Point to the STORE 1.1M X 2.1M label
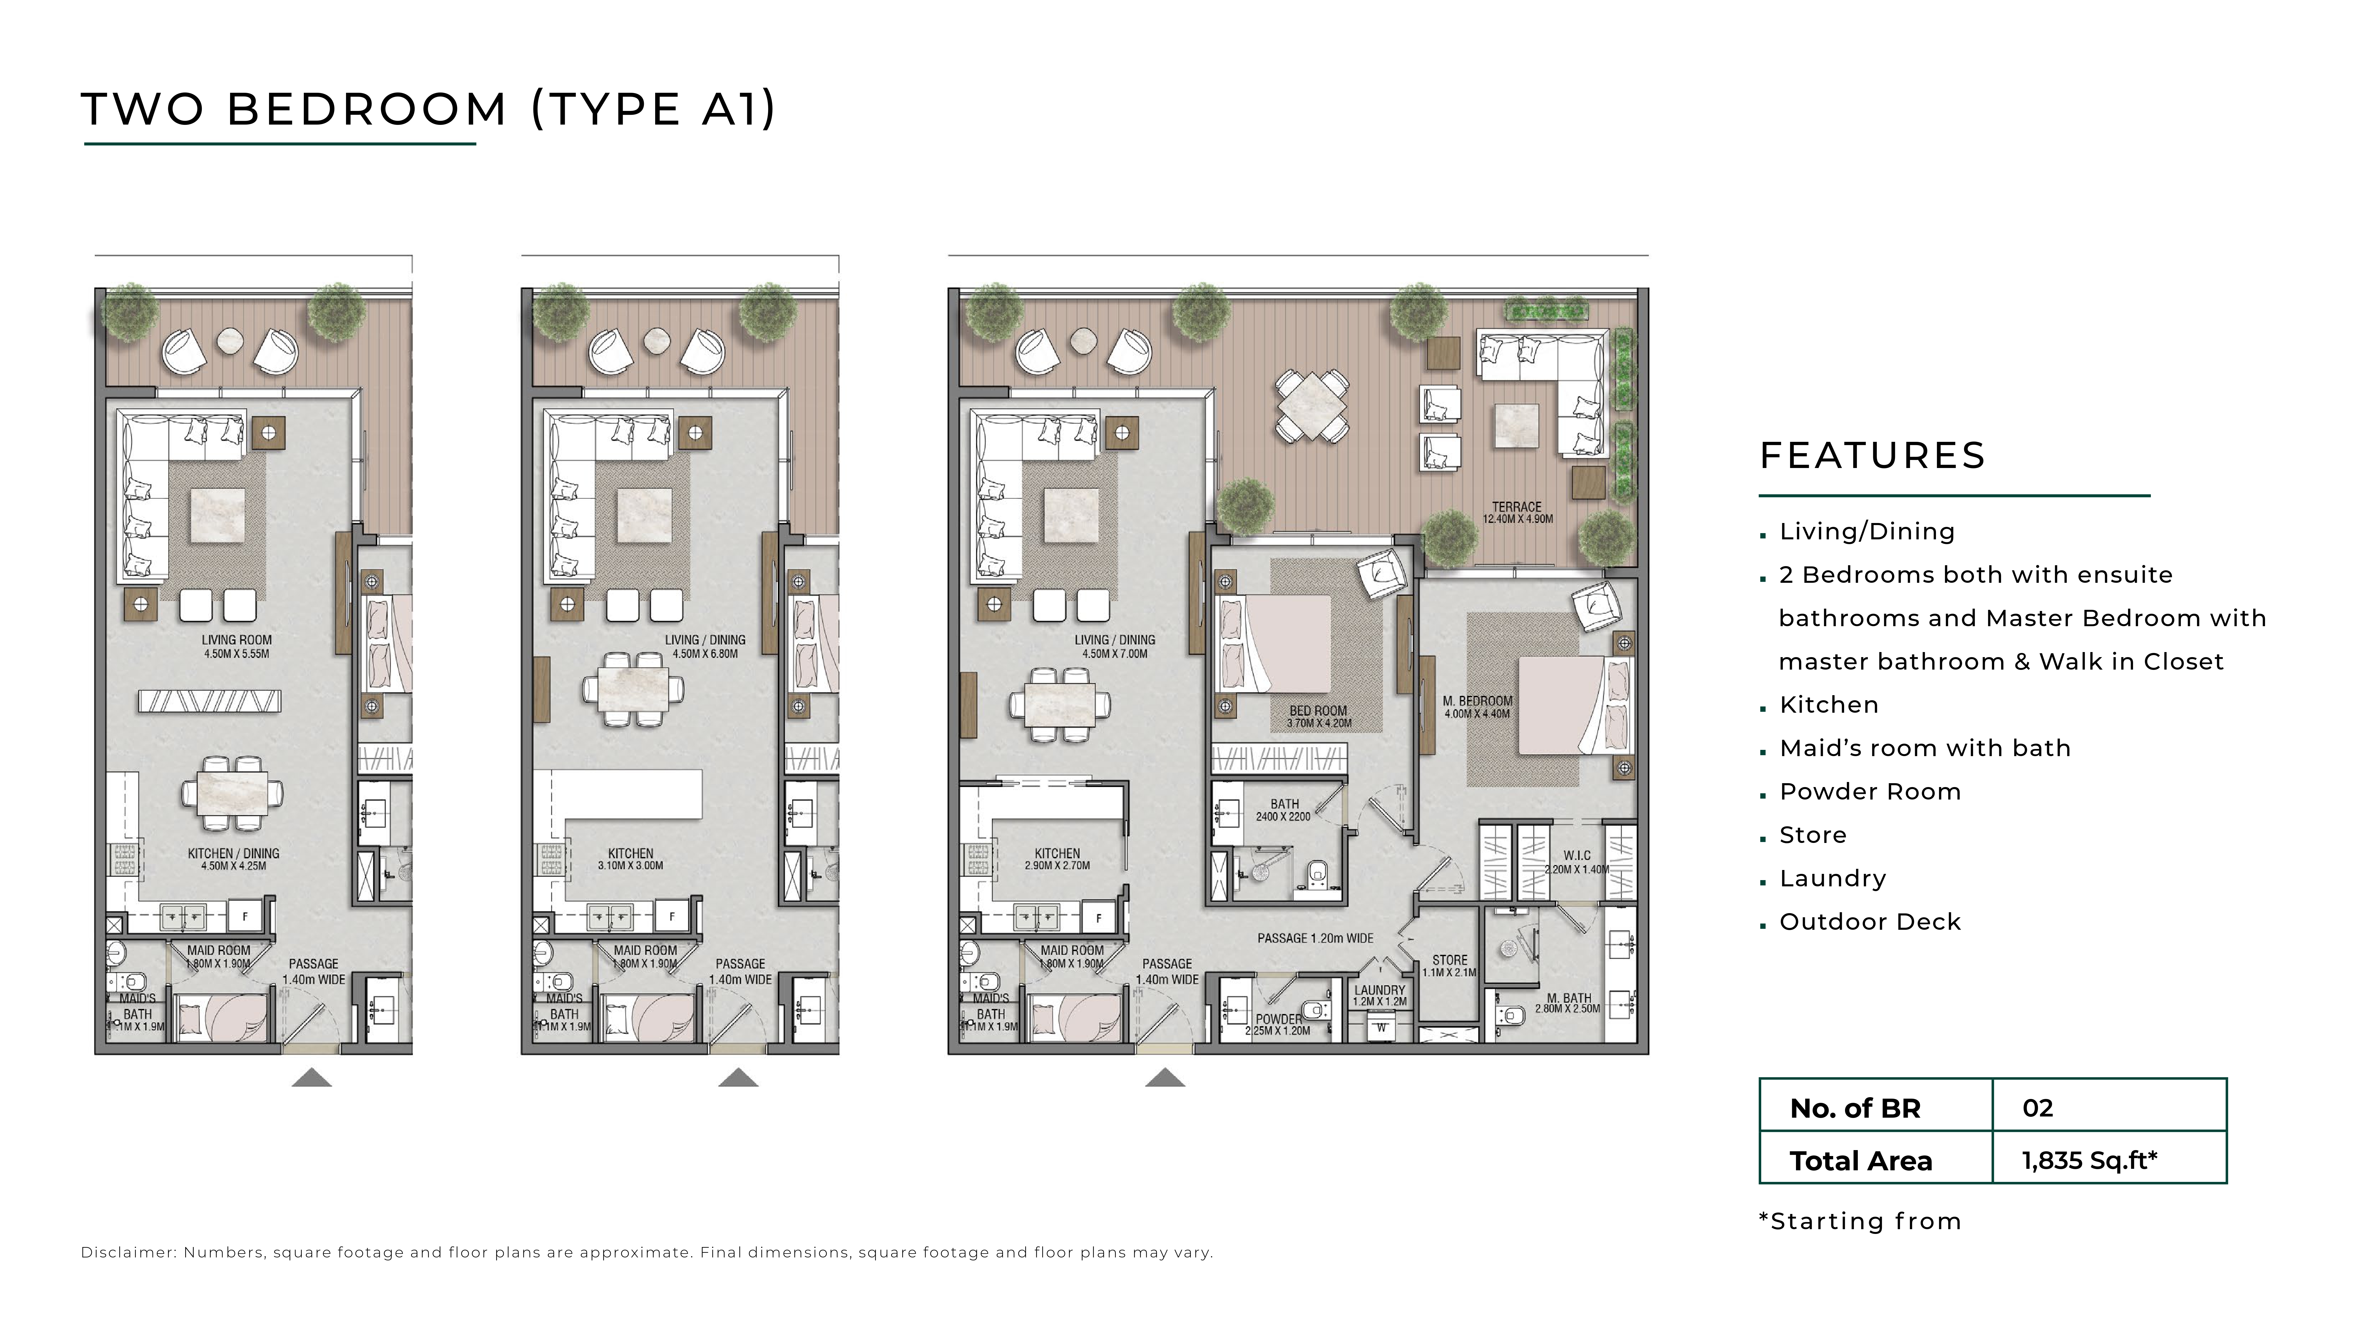point(1449,966)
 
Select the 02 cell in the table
point(2037,1108)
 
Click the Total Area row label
point(1861,1161)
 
